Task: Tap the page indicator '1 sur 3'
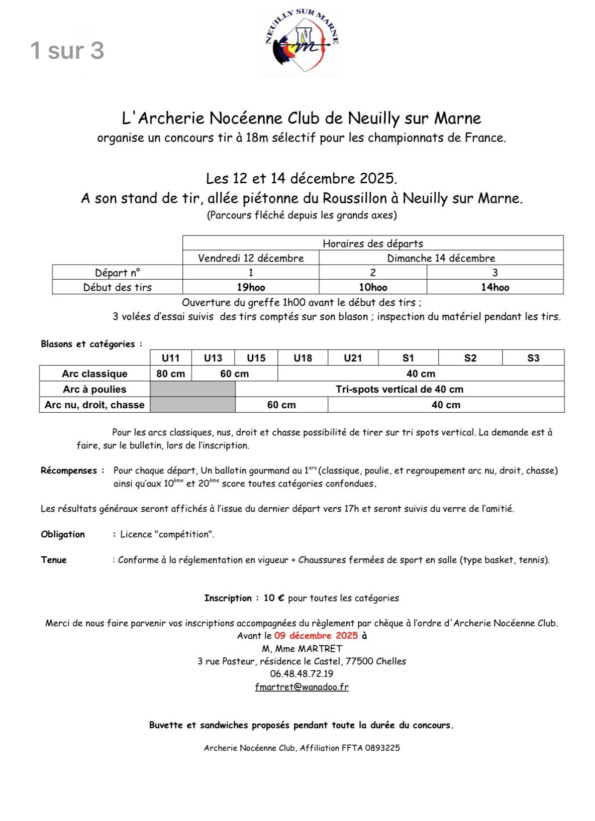point(67,51)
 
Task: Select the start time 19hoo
point(251,287)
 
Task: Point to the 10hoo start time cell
point(372,287)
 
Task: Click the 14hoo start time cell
point(494,287)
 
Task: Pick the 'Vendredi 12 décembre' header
point(251,258)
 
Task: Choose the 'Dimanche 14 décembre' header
point(441,258)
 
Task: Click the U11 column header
point(170,358)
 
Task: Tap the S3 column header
point(533,358)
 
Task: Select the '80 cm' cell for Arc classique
point(170,374)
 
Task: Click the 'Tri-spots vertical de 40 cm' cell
point(400,389)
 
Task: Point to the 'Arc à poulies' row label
point(94,389)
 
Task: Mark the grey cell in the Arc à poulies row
point(192,389)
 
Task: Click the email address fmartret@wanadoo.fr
point(302,687)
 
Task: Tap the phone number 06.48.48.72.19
point(302,674)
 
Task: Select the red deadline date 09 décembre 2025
point(316,636)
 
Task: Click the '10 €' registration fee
point(274,598)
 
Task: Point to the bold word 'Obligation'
point(63,534)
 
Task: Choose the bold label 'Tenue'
point(54,560)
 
